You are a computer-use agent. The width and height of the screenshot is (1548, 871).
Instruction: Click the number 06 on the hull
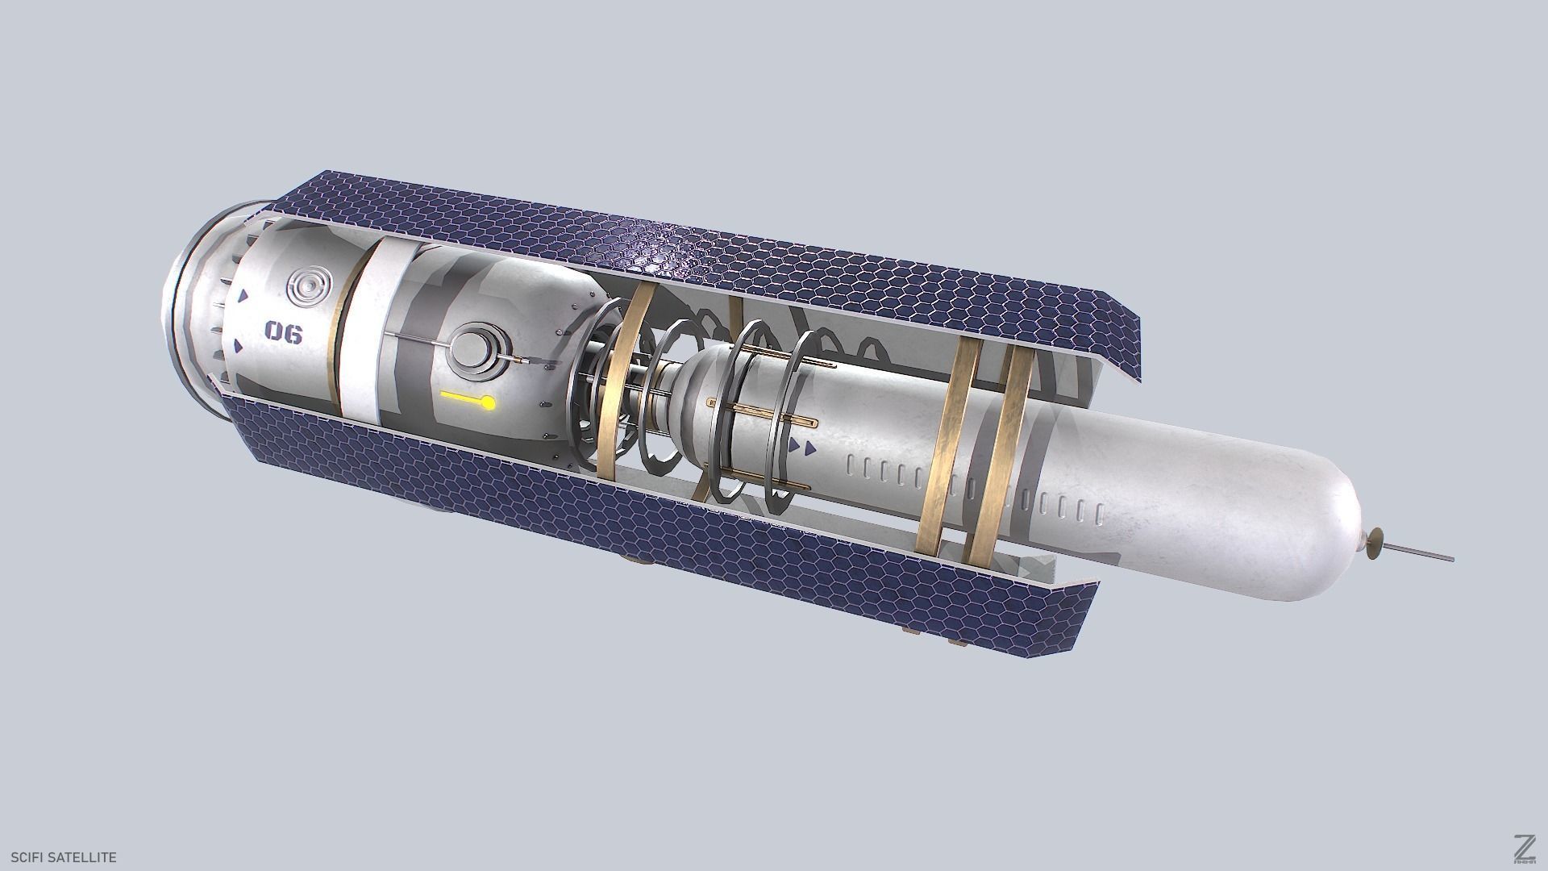point(283,331)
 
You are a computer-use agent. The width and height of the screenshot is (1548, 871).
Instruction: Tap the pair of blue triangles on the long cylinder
point(803,446)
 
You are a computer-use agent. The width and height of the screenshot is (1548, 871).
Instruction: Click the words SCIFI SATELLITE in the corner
point(64,857)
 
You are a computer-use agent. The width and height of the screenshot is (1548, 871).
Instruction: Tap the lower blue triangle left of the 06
point(238,346)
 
